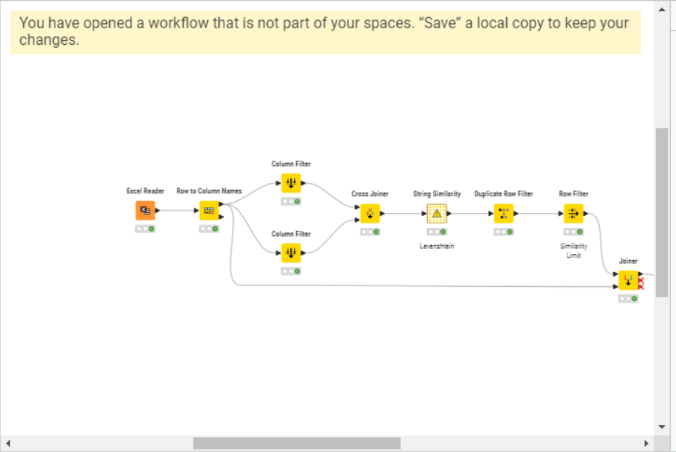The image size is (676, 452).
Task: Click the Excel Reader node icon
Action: (145, 211)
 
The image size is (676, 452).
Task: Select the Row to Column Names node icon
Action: (209, 211)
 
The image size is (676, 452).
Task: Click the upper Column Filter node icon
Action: (291, 183)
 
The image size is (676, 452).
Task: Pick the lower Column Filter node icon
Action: (291, 253)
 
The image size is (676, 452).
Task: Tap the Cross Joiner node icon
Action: (369, 214)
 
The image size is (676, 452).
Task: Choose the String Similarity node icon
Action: (437, 214)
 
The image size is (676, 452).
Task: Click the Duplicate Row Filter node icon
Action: (503, 214)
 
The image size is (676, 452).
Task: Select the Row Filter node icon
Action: (574, 214)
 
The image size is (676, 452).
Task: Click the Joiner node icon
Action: (628, 281)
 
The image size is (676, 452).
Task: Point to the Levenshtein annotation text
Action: (437, 247)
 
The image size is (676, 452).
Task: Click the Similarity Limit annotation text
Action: (574, 250)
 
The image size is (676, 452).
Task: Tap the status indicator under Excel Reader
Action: (145, 229)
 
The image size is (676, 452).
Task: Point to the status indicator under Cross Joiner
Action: (369, 232)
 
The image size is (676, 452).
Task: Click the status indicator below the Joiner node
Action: (628, 299)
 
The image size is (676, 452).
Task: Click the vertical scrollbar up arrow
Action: (662, 10)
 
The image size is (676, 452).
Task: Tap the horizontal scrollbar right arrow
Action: (646, 444)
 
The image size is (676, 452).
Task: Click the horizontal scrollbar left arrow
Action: (8, 444)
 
